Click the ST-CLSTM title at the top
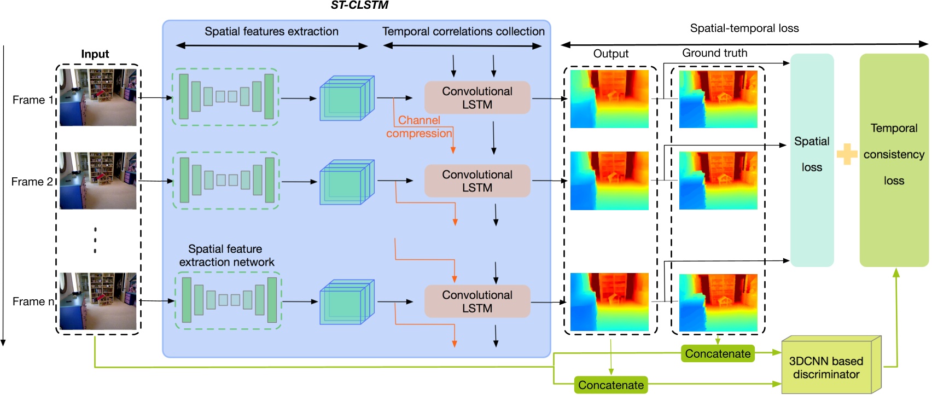359,5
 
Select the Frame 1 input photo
98,97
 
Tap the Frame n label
33,301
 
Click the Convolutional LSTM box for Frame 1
477,98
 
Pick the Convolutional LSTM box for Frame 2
477,181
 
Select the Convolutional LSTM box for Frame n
477,301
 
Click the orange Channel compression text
419,127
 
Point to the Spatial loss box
812,160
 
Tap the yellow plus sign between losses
847,154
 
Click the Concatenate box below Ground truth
718,354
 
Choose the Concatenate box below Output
611,385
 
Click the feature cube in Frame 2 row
346,182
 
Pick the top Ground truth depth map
718,99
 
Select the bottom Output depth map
609,302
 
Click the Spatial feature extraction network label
226,255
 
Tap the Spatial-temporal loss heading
744,28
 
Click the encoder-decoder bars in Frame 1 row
225,97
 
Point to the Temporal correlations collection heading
463,32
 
